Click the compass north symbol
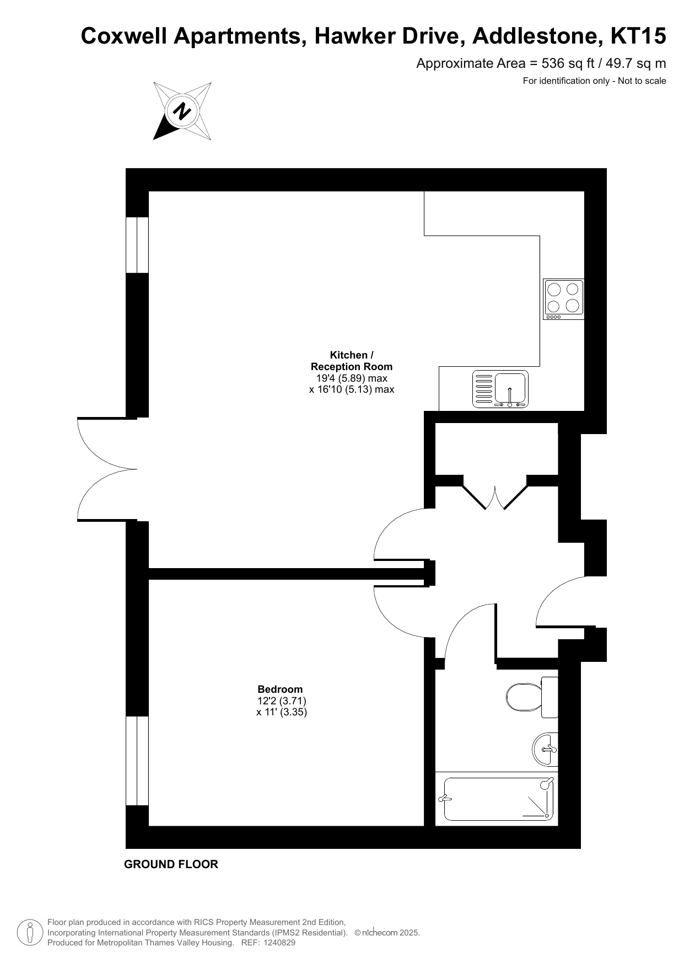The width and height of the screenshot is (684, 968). [x=182, y=111]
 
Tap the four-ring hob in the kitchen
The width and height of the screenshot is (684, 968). [x=563, y=299]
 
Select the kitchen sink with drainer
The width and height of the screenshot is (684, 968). [x=500, y=389]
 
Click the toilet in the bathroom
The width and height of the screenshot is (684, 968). [x=532, y=697]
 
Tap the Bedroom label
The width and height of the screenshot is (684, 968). [x=280, y=689]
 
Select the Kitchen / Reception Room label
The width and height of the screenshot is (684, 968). [x=352, y=361]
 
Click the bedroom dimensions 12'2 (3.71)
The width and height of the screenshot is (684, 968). [x=282, y=700]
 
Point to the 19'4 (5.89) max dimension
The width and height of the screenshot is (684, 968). [x=352, y=378]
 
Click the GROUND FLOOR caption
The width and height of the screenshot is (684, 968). [x=171, y=864]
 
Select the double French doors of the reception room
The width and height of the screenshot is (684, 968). [x=107, y=469]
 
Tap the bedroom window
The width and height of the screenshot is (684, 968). [x=137, y=761]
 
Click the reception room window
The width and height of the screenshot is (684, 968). [x=137, y=245]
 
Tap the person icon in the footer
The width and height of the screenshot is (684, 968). [x=30, y=933]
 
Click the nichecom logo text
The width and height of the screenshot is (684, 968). [x=379, y=933]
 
